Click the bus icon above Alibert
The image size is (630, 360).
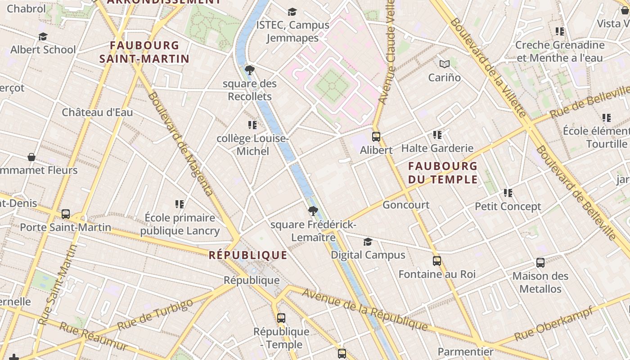(x=376, y=137)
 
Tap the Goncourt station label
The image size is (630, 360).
(x=406, y=205)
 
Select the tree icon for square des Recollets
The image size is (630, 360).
(x=249, y=70)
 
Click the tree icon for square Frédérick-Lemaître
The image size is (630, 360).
(x=313, y=211)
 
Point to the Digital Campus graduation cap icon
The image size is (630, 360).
(x=368, y=242)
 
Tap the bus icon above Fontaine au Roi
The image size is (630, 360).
(x=436, y=261)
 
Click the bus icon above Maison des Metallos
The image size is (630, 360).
(x=540, y=263)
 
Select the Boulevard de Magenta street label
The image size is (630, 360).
(x=180, y=144)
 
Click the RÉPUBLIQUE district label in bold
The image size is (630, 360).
(x=248, y=256)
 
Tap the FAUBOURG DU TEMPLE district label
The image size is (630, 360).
(x=443, y=173)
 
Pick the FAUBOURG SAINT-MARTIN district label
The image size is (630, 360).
(x=144, y=52)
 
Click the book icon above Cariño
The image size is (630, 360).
(x=444, y=64)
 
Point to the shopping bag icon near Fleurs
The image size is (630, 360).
(x=31, y=157)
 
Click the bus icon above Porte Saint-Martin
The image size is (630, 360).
(x=66, y=214)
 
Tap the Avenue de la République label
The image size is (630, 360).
(x=364, y=309)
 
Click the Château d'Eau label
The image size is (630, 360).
(x=97, y=112)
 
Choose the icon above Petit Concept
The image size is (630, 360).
(x=508, y=193)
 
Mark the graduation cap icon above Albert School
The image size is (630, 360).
(x=43, y=36)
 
